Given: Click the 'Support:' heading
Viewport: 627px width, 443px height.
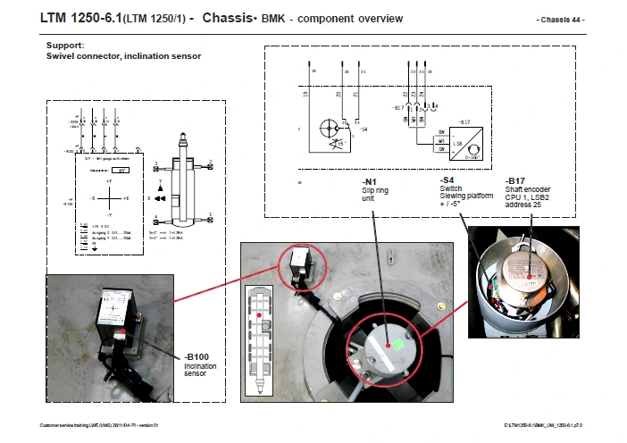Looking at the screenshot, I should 65,45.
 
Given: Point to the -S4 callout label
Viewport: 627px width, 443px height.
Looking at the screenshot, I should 447,180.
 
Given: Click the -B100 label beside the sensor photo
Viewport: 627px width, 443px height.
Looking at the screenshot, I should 198,357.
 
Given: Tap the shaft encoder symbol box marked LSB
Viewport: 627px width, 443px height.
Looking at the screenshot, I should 471,143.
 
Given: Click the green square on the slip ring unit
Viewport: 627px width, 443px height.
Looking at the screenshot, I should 398,341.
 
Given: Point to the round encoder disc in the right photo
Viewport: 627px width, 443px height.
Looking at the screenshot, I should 527,267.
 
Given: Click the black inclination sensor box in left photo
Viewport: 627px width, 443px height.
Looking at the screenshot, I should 118,313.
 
